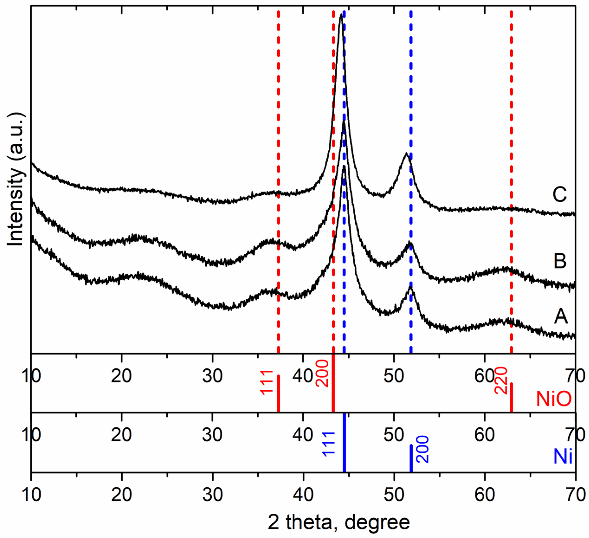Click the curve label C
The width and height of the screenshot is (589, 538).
pos(559,194)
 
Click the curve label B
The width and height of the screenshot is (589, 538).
pos(560,261)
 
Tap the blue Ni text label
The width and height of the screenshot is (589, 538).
pos(563,457)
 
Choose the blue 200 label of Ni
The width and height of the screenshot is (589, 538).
pos(422,449)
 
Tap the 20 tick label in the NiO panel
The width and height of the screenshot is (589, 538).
pos(121,376)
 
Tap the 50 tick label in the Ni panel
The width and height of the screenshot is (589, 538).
pos(394,435)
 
